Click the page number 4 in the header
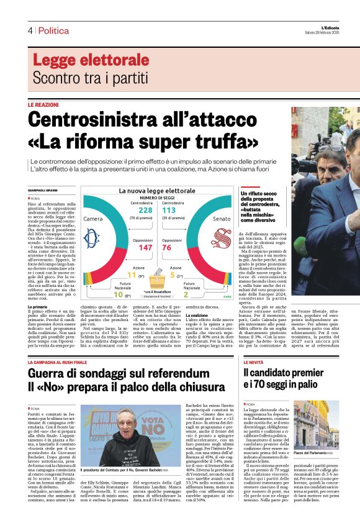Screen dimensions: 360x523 pyautogui.click(x=30, y=30)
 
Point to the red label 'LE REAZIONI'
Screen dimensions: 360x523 pyautogui.click(x=43, y=105)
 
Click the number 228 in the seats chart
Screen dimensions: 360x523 pyautogui.click(x=145, y=211)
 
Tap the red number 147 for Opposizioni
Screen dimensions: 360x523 pyautogui.click(x=145, y=247)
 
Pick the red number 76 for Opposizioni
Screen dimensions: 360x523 pyautogui.click(x=166, y=247)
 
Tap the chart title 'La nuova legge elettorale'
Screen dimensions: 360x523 pyautogui.click(x=156, y=190)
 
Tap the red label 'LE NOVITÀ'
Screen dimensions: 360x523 pyautogui.click(x=254, y=362)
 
